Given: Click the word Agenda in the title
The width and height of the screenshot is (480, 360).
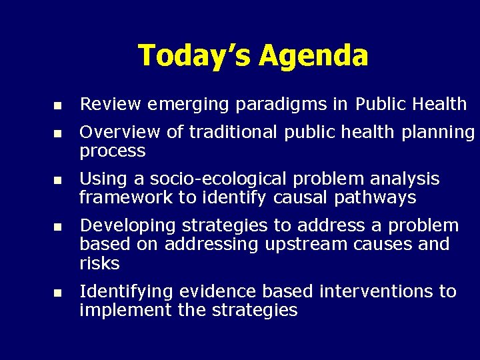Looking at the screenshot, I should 313,56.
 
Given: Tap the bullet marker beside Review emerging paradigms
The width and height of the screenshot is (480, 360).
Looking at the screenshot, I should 58,105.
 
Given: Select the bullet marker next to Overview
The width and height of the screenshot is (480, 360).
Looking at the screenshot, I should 58,133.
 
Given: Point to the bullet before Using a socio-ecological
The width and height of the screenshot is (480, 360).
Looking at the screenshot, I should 58,180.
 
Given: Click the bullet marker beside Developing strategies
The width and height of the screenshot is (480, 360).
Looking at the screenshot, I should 58,227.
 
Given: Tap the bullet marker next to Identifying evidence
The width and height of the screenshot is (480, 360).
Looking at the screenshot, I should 58,293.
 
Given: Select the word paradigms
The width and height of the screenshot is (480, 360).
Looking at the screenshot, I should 257,105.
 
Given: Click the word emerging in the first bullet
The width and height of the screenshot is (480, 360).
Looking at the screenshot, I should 179,105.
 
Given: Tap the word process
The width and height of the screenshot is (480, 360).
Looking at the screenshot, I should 112,152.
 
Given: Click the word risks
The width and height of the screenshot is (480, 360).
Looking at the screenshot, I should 99,263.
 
